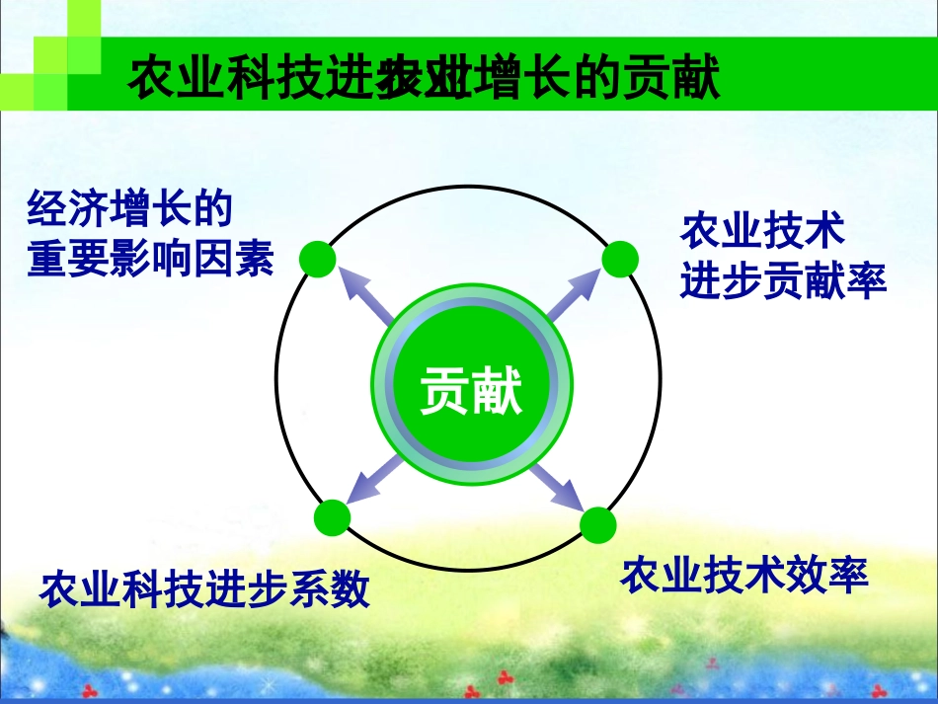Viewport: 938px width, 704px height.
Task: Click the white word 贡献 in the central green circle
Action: click(x=470, y=391)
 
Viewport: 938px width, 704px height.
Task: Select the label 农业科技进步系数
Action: click(x=204, y=589)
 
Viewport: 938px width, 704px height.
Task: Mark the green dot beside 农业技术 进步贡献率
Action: click(x=620, y=259)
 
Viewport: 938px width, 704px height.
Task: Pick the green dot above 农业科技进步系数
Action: click(x=332, y=517)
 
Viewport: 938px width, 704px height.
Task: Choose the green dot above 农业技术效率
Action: click(x=597, y=525)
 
